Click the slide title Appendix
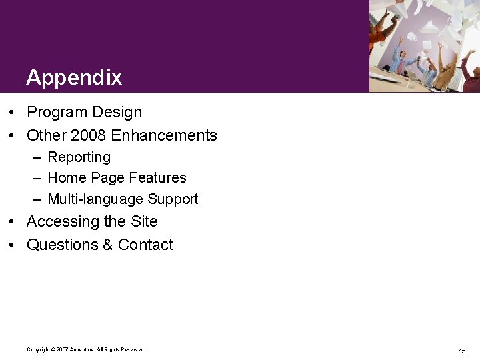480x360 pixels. [74, 77]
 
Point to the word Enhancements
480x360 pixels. [164, 135]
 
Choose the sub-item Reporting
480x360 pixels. [79, 157]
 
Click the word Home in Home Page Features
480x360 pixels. [64, 178]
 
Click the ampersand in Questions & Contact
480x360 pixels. [107, 245]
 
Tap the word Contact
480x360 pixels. [145, 245]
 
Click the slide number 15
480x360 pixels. [462, 351]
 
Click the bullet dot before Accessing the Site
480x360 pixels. [13, 222]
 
